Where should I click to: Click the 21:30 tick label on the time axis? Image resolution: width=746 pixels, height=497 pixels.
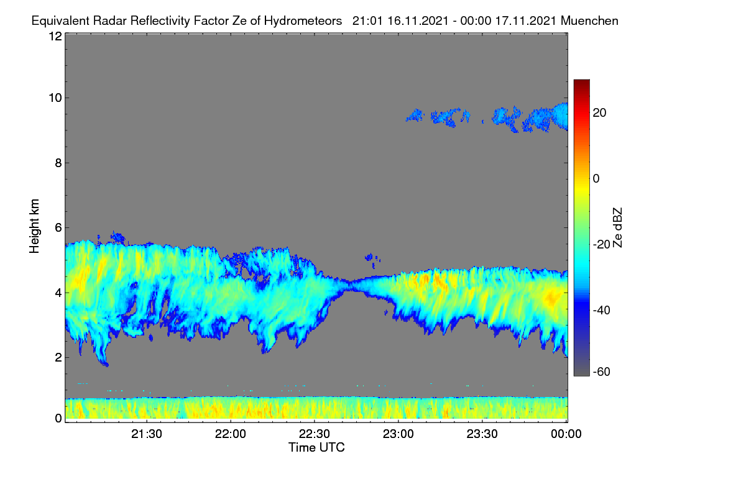point(147,434)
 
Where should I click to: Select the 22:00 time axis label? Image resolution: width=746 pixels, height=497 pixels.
point(231,434)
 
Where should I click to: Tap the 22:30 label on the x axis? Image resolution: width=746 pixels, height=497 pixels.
point(315,434)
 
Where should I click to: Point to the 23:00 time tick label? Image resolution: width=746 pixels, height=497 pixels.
point(398,434)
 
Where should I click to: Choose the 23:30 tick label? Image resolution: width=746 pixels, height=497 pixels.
point(482,434)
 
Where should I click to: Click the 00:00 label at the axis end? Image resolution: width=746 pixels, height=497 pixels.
point(566,434)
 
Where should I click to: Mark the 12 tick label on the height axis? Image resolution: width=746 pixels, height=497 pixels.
point(55,36)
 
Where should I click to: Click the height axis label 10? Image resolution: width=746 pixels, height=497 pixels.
point(55,98)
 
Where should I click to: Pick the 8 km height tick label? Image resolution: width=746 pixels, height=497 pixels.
point(58,163)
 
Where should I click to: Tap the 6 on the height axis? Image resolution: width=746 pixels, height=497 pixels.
point(58,228)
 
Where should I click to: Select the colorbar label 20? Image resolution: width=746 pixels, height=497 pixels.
point(599,113)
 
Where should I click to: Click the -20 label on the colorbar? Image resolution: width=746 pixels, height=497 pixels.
point(602,244)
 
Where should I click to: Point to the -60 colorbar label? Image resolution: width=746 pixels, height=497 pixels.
point(602,372)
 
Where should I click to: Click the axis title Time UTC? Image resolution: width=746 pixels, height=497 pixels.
point(316,447)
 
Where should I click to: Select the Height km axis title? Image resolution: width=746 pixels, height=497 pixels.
point(34,226)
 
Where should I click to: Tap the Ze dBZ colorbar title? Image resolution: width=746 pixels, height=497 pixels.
point(617,228)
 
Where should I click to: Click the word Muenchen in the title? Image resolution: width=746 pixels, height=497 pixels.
point(589,21)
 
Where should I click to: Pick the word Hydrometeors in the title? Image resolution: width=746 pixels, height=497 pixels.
point(303,21)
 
